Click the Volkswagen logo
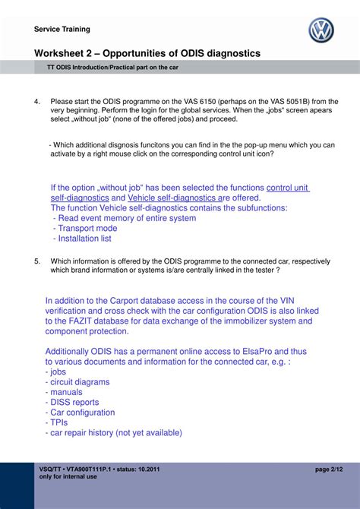321,30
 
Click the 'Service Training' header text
62,30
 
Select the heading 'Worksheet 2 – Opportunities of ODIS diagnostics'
147,53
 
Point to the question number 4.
37,101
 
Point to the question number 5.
37,261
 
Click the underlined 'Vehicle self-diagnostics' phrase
171,198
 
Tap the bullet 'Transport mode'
85,228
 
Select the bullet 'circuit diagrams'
80,382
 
